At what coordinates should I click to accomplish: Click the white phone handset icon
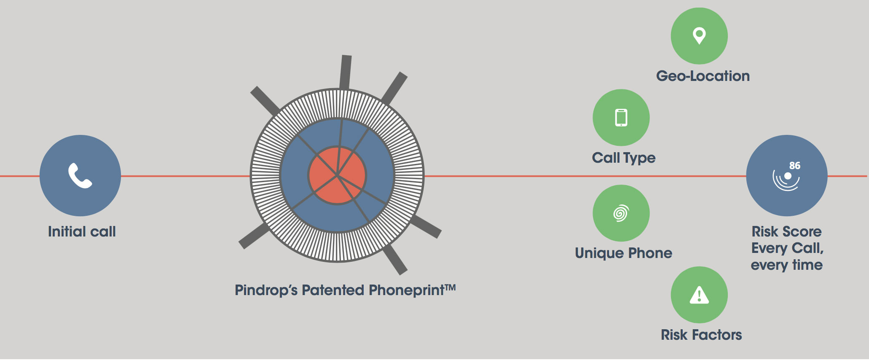pos(80,175)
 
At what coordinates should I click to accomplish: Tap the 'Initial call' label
pos(82,231)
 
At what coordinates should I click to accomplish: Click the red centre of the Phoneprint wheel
pos(337,175)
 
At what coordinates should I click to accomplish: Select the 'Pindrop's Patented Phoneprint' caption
pos(345,290)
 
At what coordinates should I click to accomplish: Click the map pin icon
pos(699,36)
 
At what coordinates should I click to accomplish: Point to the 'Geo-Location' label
pos(703,76)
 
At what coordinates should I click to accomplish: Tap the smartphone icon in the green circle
pos(621,118)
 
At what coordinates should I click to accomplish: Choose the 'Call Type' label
pos(624,158)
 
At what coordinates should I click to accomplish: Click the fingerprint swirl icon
pos(621,213)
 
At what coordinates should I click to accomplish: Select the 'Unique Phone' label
pos(624,253)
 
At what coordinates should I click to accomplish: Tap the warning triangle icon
pos(699,295)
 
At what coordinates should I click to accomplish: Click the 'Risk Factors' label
pos(701,335)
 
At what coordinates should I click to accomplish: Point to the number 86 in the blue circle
pos(795,166)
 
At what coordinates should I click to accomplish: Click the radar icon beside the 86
pos(786,179)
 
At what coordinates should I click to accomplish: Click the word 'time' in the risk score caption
pos(807,265)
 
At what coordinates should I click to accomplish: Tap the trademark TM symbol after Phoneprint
pos(451,287)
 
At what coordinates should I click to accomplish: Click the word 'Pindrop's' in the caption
pos(266,290)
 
